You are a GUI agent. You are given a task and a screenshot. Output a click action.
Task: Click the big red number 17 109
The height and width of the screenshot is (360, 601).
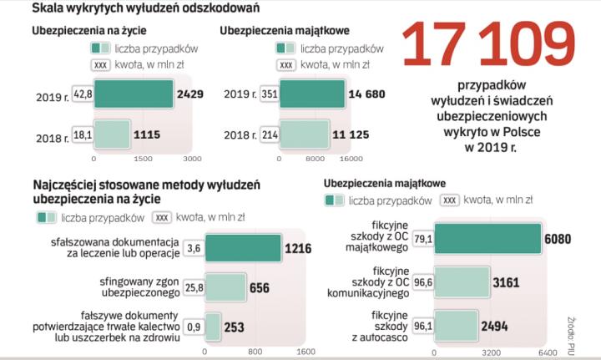(x=489, y=46)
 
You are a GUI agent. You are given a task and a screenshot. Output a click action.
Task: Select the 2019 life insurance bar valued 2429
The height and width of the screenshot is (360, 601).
(x=134, y=95)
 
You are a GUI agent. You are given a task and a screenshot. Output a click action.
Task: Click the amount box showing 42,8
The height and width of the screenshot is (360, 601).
(x=83, y=95)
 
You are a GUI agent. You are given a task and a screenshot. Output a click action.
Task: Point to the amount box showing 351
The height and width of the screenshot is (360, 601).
(x=270, y=95)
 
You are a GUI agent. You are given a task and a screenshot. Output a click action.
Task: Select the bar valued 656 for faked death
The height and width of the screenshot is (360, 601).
(x=225, y=287)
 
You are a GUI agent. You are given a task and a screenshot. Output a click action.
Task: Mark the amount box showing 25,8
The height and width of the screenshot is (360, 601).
(x=194, y=287)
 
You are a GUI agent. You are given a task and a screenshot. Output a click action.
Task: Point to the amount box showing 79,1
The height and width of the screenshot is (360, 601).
(x=422, y=239)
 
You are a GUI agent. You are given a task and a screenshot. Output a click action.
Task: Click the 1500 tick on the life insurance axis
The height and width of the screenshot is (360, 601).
(x=143, y=158)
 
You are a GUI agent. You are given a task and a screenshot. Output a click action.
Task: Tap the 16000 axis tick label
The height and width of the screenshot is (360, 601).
(x=350, y=158)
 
